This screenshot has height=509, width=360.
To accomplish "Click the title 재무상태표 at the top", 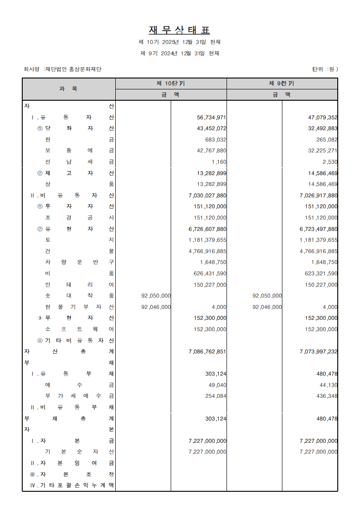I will point(179,30).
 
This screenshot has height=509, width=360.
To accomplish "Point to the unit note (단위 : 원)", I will point(325,69).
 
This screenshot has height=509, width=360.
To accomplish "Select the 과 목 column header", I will point(69,89).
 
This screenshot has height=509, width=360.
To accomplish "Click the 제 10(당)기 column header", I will point(171,83).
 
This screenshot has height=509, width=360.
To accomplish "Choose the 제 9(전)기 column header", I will point(282,83).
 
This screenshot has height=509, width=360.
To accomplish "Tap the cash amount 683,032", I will point(216,140).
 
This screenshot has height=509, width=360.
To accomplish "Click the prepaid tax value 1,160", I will point(219,162).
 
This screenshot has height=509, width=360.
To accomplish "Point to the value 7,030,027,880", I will point(207,196).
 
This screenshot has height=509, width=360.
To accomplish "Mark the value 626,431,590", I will point(210,274).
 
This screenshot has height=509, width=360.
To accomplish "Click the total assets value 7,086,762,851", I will point(207,352).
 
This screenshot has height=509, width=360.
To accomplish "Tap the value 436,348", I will point(327,396).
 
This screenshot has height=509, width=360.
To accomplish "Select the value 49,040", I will point(217,385).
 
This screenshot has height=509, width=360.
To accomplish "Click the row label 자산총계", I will point(69,352).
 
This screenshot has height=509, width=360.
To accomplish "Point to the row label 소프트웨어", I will point(79,329).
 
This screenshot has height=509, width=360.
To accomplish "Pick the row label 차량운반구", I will point(79,262).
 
